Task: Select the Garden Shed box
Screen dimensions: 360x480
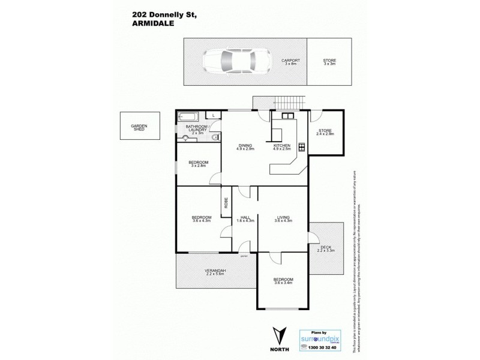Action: click(x=139, y=127)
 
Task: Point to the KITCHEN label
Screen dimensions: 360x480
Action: click(x=281, y=146)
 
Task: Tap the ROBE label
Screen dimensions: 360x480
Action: click(x=226, y=203)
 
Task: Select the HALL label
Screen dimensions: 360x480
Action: click(x=245, y=218)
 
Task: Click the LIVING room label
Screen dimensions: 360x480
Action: click(x=283, y=218)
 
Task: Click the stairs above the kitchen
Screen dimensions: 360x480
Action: click(x=293, y=104)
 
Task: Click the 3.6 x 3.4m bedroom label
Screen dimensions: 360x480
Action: click(x=283, y=281)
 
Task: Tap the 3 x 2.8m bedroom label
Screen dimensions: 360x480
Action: click(x=198, y=164)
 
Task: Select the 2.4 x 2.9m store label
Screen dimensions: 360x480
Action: click(x=325, y=132)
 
